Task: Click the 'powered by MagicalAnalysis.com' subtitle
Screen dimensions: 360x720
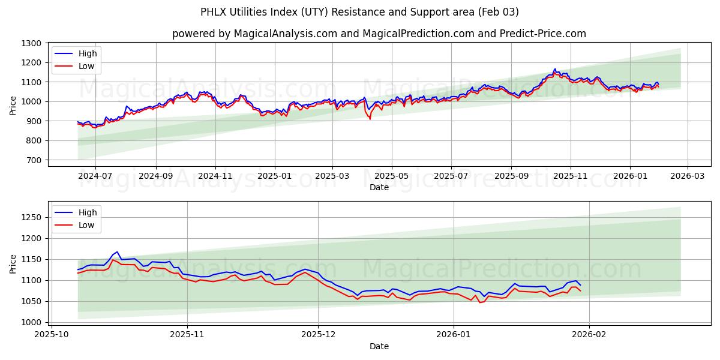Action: pos(379,34)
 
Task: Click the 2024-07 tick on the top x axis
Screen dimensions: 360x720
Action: pos(95,176)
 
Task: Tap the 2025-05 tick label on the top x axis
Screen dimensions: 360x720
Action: pos(392,176)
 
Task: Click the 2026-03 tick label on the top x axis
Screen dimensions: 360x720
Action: pos(688,176)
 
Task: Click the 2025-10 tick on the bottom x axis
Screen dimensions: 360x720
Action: pos(51,334)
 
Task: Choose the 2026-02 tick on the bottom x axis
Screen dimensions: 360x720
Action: pos(589,334)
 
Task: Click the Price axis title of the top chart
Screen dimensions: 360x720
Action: pos(13,104)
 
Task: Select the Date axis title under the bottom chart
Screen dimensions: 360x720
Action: pos(379,346)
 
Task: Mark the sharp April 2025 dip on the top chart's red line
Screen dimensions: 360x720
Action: pos(370,119)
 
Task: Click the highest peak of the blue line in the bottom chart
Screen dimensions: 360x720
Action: pos(117,252)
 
